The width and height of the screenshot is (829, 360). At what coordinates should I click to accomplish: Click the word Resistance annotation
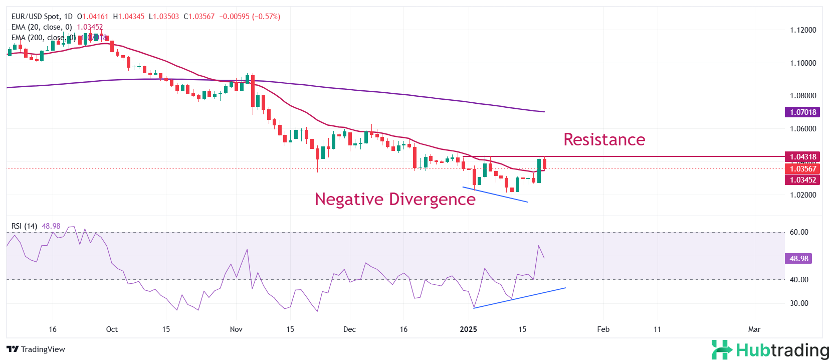[x=604, y=139]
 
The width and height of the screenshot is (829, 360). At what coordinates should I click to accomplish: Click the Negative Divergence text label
[x=395, y=199]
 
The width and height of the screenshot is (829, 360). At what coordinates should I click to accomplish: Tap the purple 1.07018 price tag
[x=802, y=112]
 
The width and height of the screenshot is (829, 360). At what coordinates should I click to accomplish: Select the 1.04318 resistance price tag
[x=802, y=157]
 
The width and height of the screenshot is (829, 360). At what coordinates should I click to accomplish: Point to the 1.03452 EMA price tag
[x=802, y=180]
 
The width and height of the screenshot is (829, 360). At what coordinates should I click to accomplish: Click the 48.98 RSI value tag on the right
[x=798, y=259]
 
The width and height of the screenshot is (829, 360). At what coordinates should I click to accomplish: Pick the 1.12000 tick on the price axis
[x=803, y=30]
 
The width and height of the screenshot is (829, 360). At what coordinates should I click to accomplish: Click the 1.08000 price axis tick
[x=803, y=96]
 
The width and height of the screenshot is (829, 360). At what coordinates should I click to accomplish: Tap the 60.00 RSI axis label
[x=799, y=232]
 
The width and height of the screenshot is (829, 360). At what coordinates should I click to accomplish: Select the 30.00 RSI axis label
[x=799, y=303]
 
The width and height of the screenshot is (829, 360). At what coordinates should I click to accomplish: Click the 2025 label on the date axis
[x=468, y=329]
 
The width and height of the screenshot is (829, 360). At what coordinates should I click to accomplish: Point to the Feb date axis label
[x=603, y=329]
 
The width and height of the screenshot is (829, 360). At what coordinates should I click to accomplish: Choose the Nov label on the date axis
[x=236, y=329]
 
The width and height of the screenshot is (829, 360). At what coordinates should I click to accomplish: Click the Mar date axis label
[x=754, y=329]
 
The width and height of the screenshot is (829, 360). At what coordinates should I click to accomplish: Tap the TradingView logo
[x=36, y=349]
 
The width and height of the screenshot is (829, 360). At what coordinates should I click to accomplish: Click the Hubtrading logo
[x=770, y=350]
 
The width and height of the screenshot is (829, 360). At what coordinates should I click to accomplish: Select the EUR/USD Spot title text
[x=35, y=17]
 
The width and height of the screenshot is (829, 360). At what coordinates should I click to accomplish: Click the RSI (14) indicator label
[x=24, y=226]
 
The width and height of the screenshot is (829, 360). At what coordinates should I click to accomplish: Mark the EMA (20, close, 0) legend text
[x=42, y=27]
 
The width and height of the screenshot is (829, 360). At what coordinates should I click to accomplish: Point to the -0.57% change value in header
[x=266, y=17]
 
